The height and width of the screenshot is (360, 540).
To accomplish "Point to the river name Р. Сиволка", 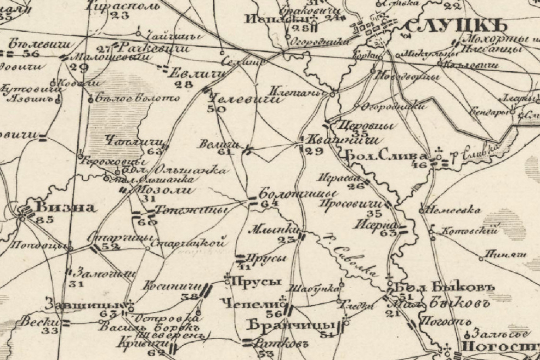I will click(353, 259).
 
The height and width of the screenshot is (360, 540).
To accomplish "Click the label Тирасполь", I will click(123, 5).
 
